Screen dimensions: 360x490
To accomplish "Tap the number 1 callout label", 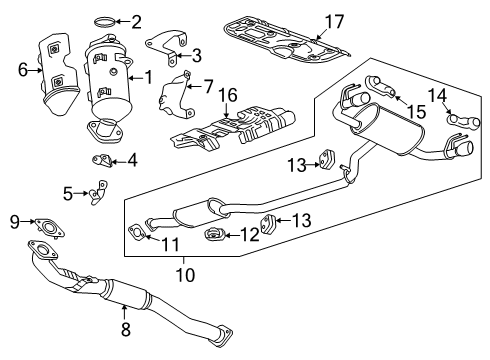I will click(x=149, y=77).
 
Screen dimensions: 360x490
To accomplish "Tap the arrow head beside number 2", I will click(x=119, y=20).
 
